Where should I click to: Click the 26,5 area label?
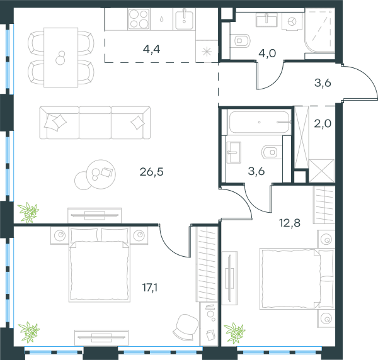[152, 172]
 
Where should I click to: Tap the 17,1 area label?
[150, 288]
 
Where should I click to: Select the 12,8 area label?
[290, 223]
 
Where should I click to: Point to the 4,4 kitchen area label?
[151, 49]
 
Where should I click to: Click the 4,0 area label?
[267, 53]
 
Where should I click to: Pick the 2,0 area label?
[323, 124]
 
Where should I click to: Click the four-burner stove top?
[139, 19]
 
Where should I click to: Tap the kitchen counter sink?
[184, 19]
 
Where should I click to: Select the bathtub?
[259, 122]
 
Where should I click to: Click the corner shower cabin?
[319, 30]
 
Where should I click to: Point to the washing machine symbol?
[292, 21]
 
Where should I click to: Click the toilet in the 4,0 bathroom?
[240, 40]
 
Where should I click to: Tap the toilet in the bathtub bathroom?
[272, 152]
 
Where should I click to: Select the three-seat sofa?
[95, 123]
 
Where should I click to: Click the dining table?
[60, 57]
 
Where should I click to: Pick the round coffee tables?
[95, 174]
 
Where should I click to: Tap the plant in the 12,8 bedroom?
[234, 333]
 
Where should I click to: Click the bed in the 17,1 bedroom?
[100, 264]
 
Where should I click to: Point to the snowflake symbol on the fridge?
[207, 52]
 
